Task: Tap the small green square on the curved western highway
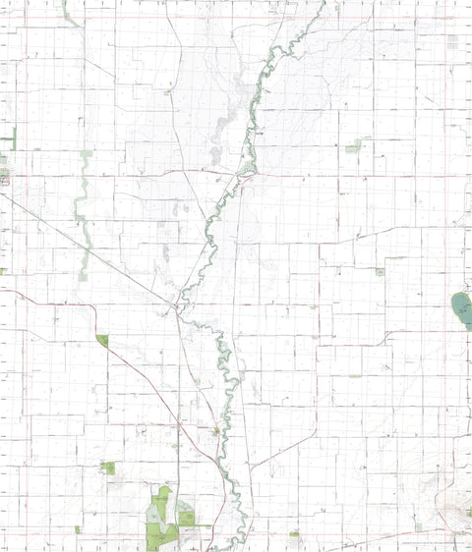pos(102,340)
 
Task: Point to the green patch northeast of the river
pos(352,148)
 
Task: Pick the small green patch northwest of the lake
pos(380,271)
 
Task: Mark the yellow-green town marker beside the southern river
pos(216,430)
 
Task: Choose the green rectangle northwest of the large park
pos(107,468)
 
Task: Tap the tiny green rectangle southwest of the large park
pos(77,529)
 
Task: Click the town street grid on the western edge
pos(5,178)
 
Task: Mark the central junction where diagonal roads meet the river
pos(177,310)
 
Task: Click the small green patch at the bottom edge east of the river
pos(294,533)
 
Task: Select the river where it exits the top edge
pos(324,4)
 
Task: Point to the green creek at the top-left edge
pos(68,12)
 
